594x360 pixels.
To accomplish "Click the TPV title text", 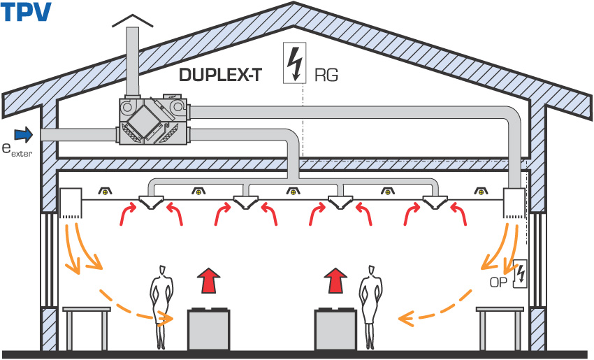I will coord(26,13).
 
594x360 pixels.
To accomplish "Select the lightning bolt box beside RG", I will coord(295,63).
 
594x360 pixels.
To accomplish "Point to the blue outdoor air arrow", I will coord(24,133).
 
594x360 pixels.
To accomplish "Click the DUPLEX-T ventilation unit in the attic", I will coord(154,121).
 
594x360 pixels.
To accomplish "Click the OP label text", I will coord(498,282).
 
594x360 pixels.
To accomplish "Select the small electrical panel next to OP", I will coord(519,274).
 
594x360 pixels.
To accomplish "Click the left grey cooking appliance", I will coord(210,330).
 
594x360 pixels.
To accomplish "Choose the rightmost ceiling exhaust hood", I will coord(437,201).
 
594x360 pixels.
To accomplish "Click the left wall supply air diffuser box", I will coord(72,202).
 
